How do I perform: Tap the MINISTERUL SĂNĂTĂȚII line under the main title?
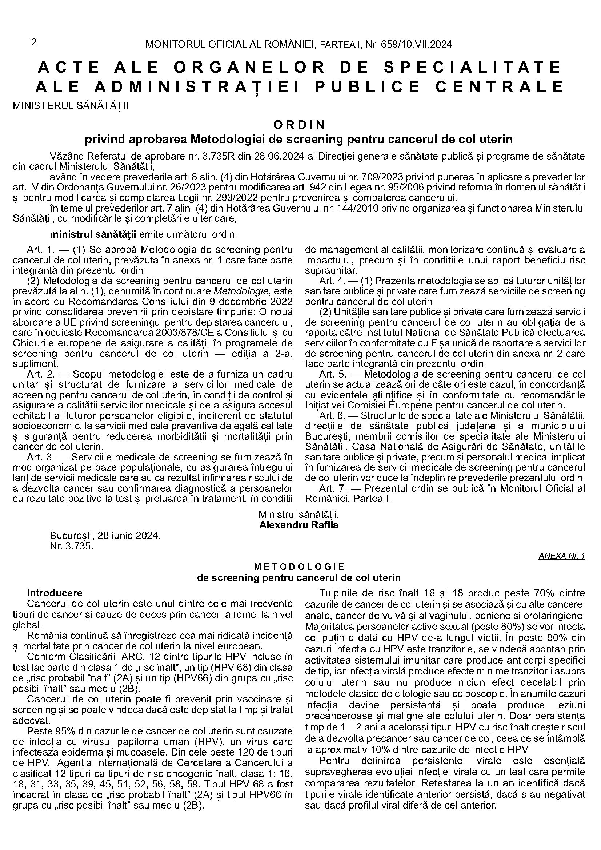coord(71,106)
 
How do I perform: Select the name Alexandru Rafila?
coord(299,525)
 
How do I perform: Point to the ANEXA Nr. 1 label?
coord(562,556)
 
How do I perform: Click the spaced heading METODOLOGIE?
coord(299,567)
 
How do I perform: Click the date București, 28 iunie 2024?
coord(105,536)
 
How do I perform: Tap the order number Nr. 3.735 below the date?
coord(72,546)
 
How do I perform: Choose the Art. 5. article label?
coord(333,374)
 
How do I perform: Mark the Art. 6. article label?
coord(333,415)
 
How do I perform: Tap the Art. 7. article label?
coord(333,488)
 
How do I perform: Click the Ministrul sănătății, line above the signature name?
coord(299,515)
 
